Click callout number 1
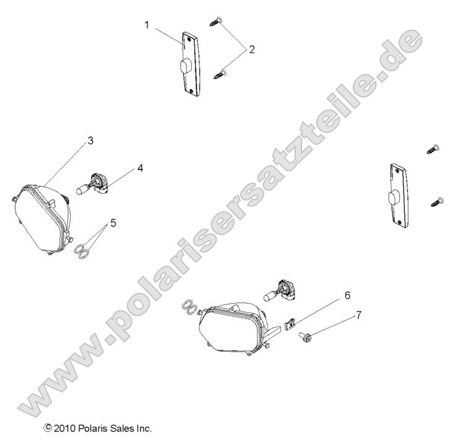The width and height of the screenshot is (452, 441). [147, 24]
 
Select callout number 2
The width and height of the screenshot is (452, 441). [251, 50]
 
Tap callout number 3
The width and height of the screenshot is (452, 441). [90, 141]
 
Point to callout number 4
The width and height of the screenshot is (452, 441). [140, 168]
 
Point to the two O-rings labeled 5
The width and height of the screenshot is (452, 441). [65, 250]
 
